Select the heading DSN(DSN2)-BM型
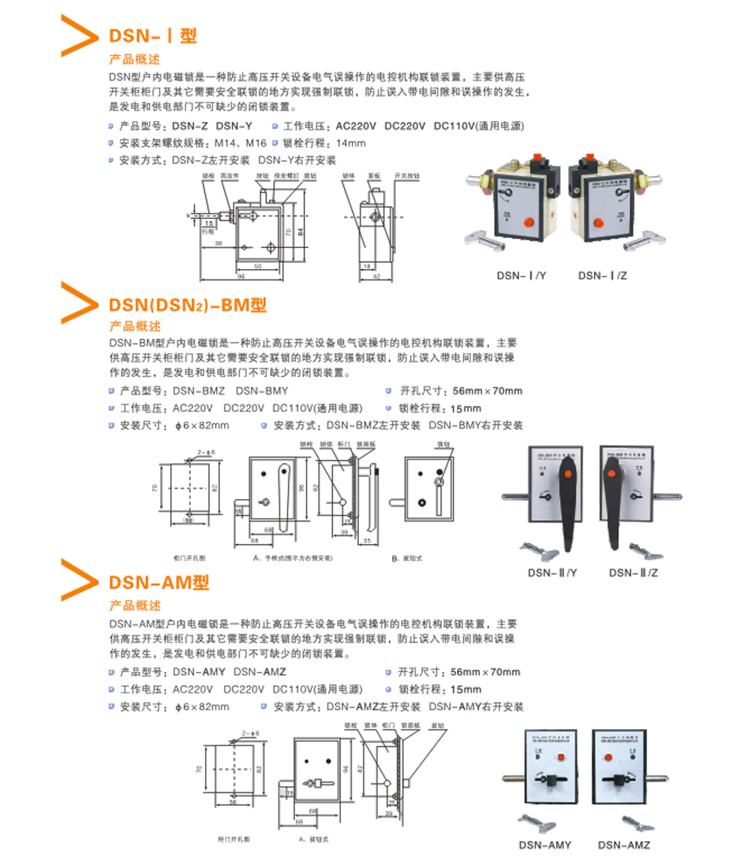[x=188, y=304]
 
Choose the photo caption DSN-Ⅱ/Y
[x=552, y=573]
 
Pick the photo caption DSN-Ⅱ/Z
[x=633, y=573]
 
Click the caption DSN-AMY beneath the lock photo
[x=545, y=845]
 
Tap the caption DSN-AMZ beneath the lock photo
[x=624, y=845]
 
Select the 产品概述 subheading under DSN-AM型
[x=135, y=605]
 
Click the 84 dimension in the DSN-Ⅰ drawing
[x=301, y=231]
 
